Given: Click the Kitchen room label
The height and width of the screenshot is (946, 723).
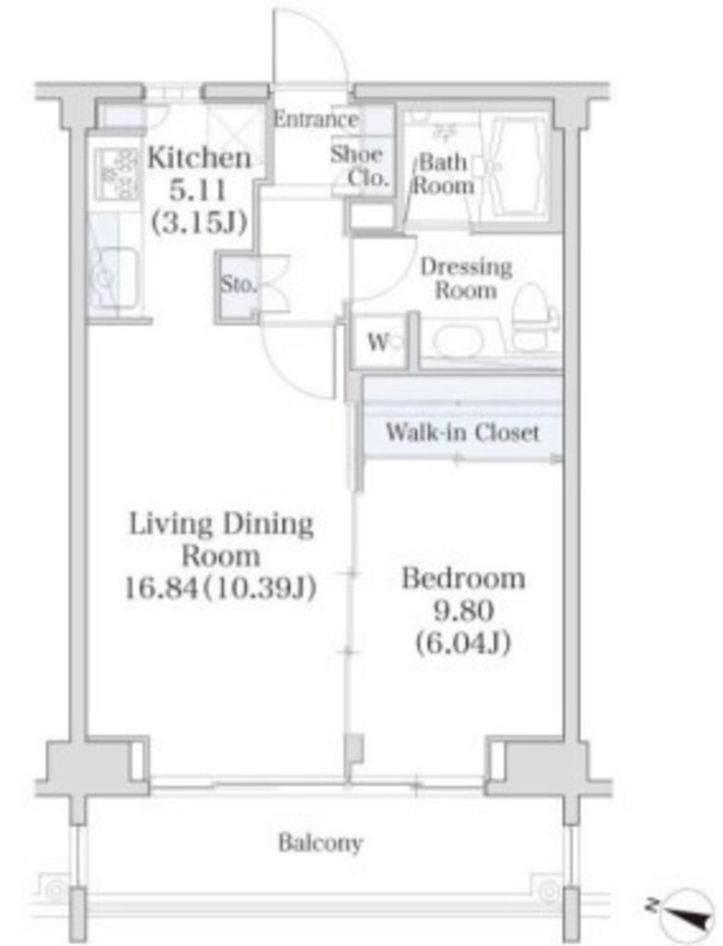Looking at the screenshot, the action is point(200,158).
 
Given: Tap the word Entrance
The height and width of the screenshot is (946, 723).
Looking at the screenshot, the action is point(315,119).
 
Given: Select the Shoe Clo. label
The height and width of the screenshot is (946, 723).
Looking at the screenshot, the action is point(359,166).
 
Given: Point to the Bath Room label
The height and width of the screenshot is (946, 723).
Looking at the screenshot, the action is point(443,173).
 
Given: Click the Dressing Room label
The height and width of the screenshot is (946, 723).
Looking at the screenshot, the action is point(466,278).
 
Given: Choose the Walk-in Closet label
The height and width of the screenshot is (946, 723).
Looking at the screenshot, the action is point(462,432).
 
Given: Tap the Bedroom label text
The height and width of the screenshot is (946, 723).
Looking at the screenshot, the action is point(463,578).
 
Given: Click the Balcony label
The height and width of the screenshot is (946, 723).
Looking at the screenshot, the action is point(320,843).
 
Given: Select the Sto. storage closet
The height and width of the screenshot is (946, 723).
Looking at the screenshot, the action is point(237,284).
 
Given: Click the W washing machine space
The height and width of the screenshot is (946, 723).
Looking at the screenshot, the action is point(381,343).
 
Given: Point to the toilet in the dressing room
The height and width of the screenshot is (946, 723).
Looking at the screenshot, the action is point(535,317).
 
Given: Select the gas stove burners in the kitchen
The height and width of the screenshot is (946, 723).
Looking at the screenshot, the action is point(116,175).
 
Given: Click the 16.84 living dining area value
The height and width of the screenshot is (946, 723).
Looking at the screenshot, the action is point(161,588).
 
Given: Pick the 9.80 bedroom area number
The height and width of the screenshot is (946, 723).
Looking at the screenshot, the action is point(463,612).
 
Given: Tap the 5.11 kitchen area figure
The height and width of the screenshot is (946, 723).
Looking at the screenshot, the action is point(198,191).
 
